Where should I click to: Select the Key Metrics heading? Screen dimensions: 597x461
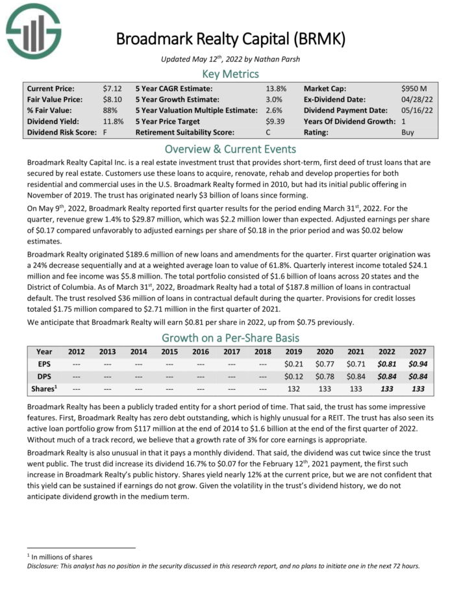tap(230, 73)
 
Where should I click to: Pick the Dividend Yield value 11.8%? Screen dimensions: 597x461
tap(113, 121)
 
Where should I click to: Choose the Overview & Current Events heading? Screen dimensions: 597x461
tap(230, 148)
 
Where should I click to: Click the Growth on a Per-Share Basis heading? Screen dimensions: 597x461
tap(230, 338)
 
